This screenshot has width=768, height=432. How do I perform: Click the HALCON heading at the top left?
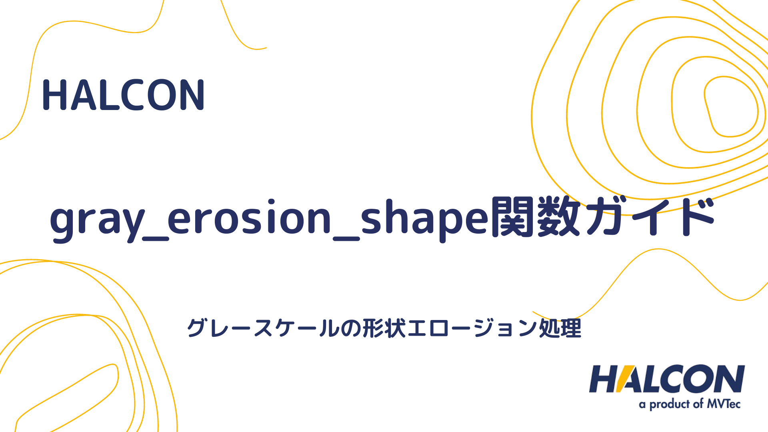coord(123,95)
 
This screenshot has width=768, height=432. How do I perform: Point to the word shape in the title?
coord(425,219)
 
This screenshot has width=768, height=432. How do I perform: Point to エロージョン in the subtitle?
coord(472,328)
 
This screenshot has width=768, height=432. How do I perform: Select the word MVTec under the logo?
coord(724,404)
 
